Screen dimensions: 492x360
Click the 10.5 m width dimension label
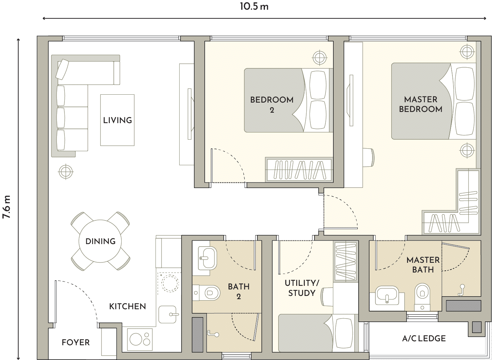point(254,6)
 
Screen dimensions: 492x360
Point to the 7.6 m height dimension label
point(6,207)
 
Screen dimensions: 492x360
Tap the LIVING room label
point(117,120)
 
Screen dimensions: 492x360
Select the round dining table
point(100,241)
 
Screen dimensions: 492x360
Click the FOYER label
point(76,342)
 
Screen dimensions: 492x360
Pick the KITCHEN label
point(128,306)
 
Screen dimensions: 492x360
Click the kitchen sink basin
point(167,315)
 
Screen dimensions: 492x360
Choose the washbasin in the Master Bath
point(387,296)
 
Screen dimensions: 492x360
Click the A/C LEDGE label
point(424,338)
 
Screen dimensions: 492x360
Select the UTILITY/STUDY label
point(302,288)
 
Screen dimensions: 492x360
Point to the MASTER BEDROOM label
point(421,104)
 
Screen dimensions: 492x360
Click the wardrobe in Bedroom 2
point(299,170)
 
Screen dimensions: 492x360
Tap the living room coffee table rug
point(117,120)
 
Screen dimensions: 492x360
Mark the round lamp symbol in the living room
point(66,172)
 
